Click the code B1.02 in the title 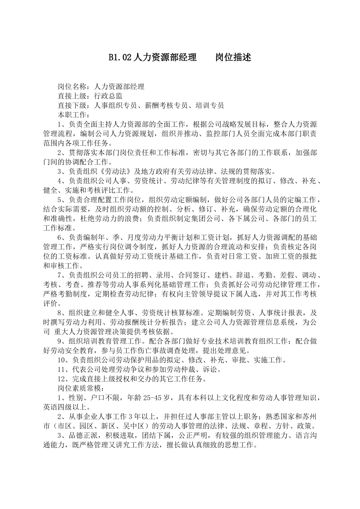120,58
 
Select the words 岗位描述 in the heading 233,58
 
